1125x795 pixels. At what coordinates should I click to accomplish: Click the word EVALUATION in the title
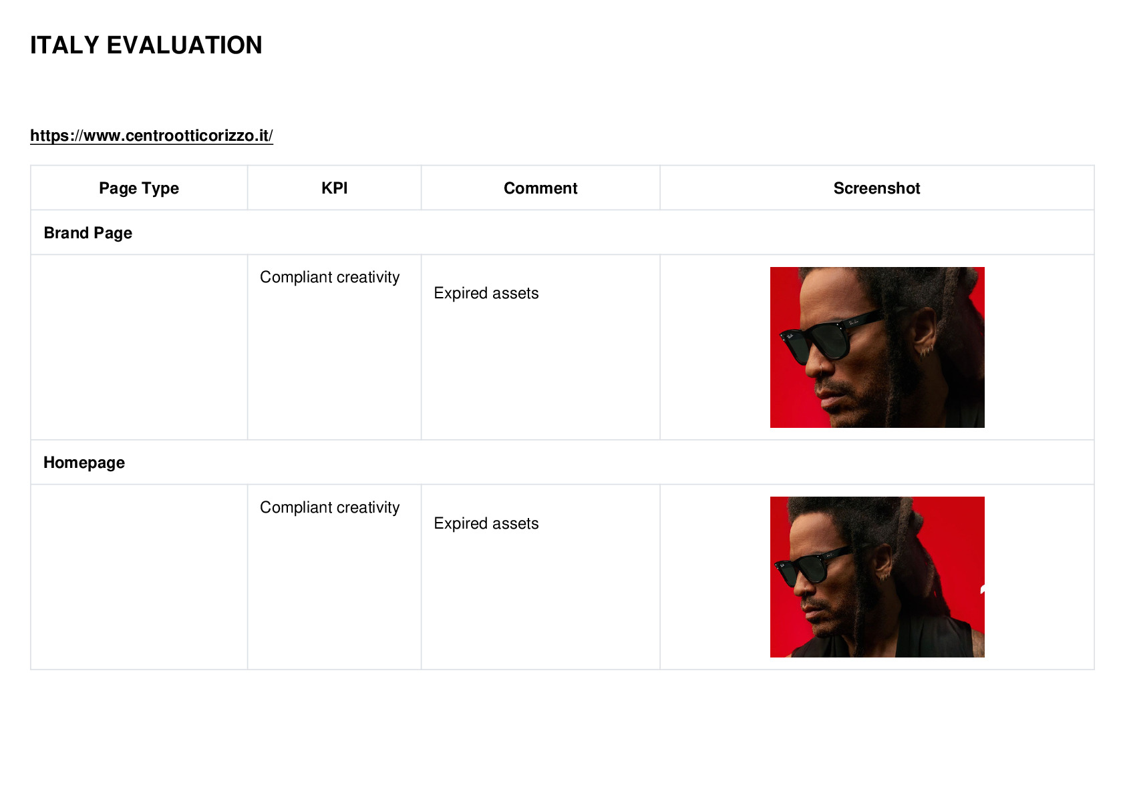click(184, 45)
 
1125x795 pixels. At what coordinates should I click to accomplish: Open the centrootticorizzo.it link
click(152, 136)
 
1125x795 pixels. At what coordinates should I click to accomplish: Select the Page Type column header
click(138, 188)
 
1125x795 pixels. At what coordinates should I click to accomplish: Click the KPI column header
click(335, 188)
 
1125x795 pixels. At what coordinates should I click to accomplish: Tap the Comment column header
click(540, 188)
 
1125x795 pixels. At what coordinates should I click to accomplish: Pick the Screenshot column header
click(877, 188)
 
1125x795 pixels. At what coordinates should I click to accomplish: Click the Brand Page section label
click(88, 233)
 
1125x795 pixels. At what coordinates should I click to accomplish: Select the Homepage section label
click(84, 463)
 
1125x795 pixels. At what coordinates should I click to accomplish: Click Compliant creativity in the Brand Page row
click(329, 277)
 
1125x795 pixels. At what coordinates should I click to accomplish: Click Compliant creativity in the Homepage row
click(329, 507)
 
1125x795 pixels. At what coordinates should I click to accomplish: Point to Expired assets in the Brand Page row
click(486, 293)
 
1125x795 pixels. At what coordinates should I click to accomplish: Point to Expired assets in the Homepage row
click(486, 523)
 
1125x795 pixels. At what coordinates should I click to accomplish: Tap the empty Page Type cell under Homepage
click(139, 577)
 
